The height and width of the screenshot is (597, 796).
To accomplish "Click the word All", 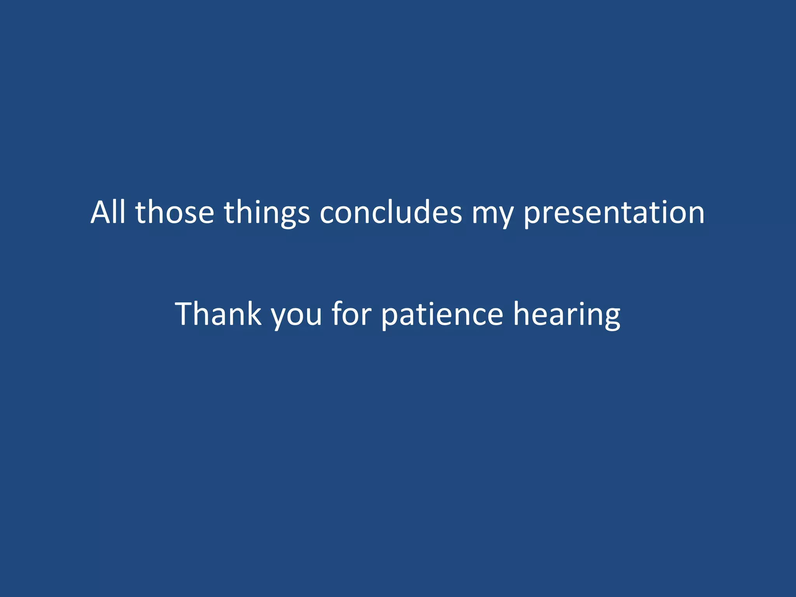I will click(108, 212).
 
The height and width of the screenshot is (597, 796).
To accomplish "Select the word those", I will click(175, 212).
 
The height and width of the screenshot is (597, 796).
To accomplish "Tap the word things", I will click(267, 213).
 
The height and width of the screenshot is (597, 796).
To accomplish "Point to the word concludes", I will click(391, 212).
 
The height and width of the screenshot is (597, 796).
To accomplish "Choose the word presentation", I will click(614, 213).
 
